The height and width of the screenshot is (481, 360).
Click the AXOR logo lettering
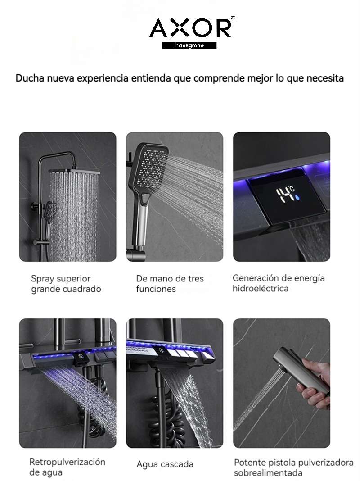(190, 28)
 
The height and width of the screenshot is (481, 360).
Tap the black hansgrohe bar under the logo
(189, 45)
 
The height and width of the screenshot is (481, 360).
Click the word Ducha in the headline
(30, 78)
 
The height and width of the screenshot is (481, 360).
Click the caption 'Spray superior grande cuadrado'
(66, 284)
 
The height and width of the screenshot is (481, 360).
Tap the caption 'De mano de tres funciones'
(170, 284)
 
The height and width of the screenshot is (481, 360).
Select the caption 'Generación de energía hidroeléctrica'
(279, 283)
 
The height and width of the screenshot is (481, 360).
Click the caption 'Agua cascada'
(165, 464)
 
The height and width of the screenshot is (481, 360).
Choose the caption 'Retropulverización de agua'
(67, 467)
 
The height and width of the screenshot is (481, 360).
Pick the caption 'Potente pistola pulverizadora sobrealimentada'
(293, 467)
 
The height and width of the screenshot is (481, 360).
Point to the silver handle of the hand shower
(142, 221)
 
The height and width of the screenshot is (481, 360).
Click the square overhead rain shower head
(74, 171)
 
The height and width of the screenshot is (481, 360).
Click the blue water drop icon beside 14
(297, 197)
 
